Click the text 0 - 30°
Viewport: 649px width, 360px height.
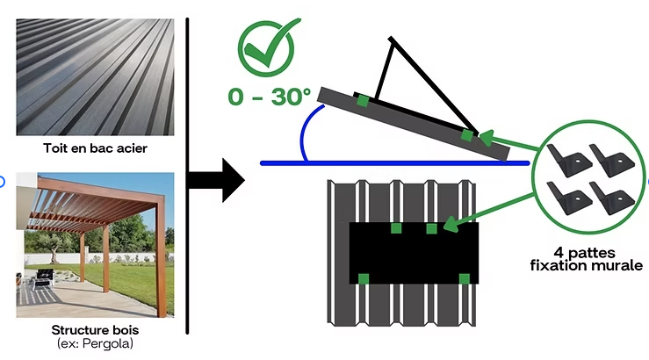(270, 97)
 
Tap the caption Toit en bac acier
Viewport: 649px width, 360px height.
(95, 148)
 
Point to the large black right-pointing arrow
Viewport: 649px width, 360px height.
(224, 180)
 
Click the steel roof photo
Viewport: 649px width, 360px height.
(95, 79)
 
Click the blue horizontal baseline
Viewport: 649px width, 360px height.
(395, 162)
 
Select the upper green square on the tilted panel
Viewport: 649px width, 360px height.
(362, 100)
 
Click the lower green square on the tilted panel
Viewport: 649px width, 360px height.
(468, 136)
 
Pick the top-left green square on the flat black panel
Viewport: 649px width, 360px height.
(396, 228)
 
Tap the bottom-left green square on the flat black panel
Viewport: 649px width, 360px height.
(363, 279)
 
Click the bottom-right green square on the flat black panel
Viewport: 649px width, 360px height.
(465, 279)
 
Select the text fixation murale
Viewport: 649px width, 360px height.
(588, 264)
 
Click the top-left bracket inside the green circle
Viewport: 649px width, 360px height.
(570, 160)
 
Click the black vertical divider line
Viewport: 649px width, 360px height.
(188, 176)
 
